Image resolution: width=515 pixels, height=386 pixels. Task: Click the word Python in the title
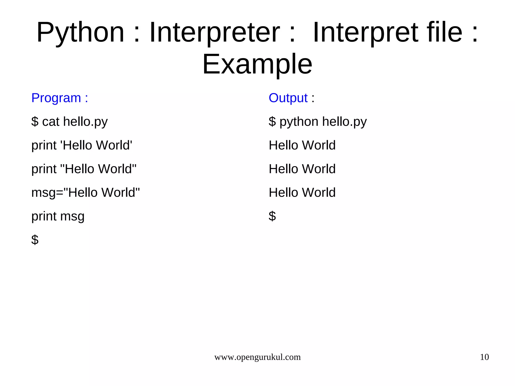coord(80,33)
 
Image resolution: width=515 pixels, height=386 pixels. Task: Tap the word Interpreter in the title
coord(214,33)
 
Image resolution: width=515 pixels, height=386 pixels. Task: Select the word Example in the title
coord(257,65)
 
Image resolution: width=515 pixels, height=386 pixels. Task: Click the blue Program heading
coord(60,98)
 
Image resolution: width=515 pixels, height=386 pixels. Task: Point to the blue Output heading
coord(288,98)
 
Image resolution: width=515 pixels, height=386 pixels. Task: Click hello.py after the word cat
coord(85,122)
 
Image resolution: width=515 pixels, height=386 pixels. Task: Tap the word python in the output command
coord(299,122)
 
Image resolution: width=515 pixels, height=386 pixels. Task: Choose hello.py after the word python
coord(344,122)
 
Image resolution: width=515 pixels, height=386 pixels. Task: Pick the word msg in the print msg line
coord(72,217)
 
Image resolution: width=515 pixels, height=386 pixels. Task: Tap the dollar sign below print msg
coord(35,240)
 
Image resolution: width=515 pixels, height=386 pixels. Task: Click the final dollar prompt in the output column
coord(272,216)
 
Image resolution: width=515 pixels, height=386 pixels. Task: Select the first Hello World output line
coord(302,145)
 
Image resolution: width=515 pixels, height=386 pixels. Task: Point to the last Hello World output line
coord(302,193)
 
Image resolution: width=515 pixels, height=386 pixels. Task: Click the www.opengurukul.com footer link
coord(257,357)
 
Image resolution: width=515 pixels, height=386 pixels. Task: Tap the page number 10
coord(484,357)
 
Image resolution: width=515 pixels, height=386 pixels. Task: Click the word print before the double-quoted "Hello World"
coord(44,169)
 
